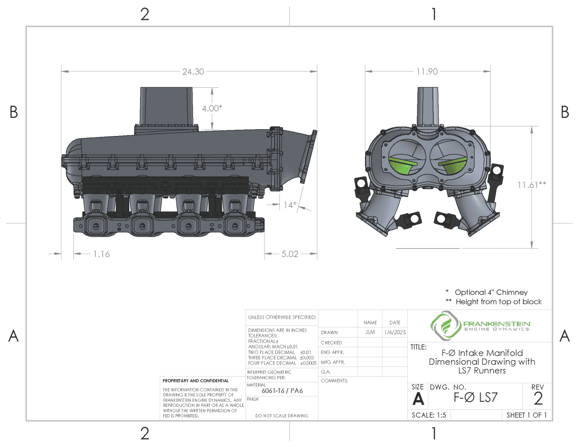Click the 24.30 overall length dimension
click(x=193, y=72)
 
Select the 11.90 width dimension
click(x=427, y=72)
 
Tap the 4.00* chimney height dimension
click(x=212, y=108)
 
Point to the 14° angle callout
click(x=289, y=205)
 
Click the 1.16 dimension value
click(x=101, y=254)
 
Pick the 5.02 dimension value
click(x=290, y=254)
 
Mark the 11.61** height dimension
click(x=532, y=184)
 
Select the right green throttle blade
click(x=452, y=164)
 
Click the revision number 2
click(x=538, y=398)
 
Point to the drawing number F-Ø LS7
click(x=476, y=398)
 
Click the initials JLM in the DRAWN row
click(x=370, y=332)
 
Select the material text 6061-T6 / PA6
click(x=282, y=391)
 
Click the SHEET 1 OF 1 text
click(x=526, y=415)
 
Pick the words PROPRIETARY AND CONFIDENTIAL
click(x=195, y=381)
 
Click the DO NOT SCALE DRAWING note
click(x=282, y=416)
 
